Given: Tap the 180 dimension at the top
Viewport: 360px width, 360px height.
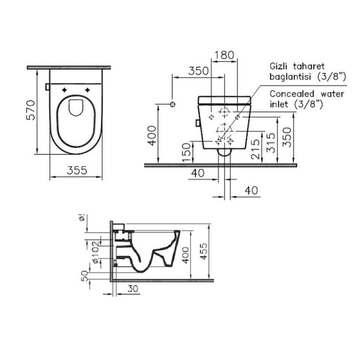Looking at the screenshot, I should (x=223, y=55).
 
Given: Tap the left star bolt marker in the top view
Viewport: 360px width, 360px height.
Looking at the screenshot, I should (x=65, y=89).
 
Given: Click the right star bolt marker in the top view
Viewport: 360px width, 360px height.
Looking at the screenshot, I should (x=88, y=89).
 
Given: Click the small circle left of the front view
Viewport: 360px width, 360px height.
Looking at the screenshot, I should (x=173, y=104).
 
